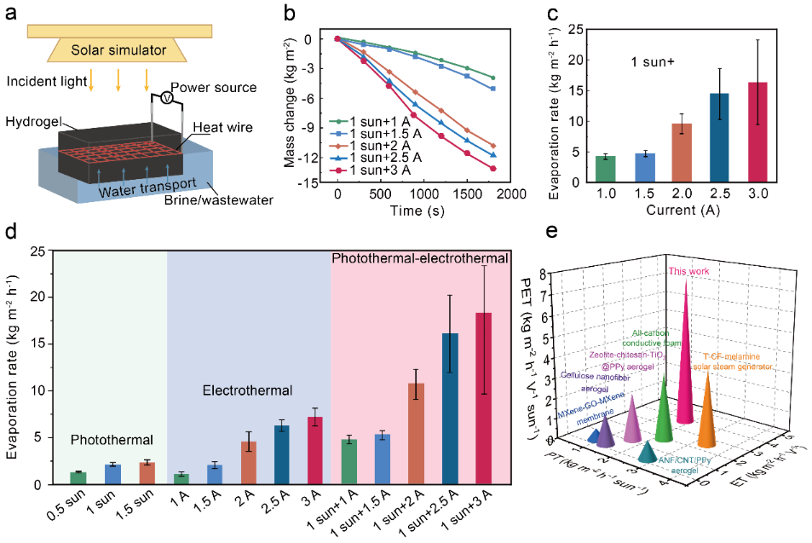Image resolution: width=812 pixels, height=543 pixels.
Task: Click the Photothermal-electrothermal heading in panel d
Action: [420, 257]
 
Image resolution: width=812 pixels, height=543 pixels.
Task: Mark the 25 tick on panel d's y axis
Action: [37, 251]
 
